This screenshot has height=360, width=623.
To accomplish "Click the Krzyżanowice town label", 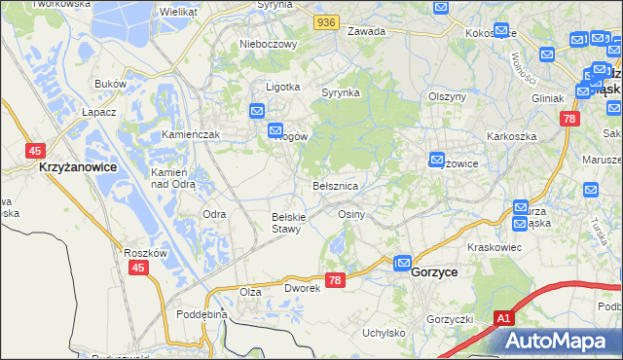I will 77,167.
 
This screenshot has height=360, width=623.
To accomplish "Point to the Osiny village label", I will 350,213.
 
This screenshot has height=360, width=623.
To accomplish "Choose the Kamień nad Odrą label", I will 173,177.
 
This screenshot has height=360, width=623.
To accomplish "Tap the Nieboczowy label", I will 266,44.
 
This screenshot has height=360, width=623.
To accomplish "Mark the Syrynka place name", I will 342,92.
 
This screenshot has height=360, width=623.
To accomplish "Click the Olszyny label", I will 449,96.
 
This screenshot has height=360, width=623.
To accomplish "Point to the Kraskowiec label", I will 495,247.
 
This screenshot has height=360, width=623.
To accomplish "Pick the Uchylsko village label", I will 384,333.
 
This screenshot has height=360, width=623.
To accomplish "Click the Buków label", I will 112,85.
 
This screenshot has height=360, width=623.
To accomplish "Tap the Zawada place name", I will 367,31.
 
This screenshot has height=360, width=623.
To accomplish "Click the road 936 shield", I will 327,20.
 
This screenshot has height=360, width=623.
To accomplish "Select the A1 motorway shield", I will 503,318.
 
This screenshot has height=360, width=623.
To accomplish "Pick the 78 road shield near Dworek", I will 336,280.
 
